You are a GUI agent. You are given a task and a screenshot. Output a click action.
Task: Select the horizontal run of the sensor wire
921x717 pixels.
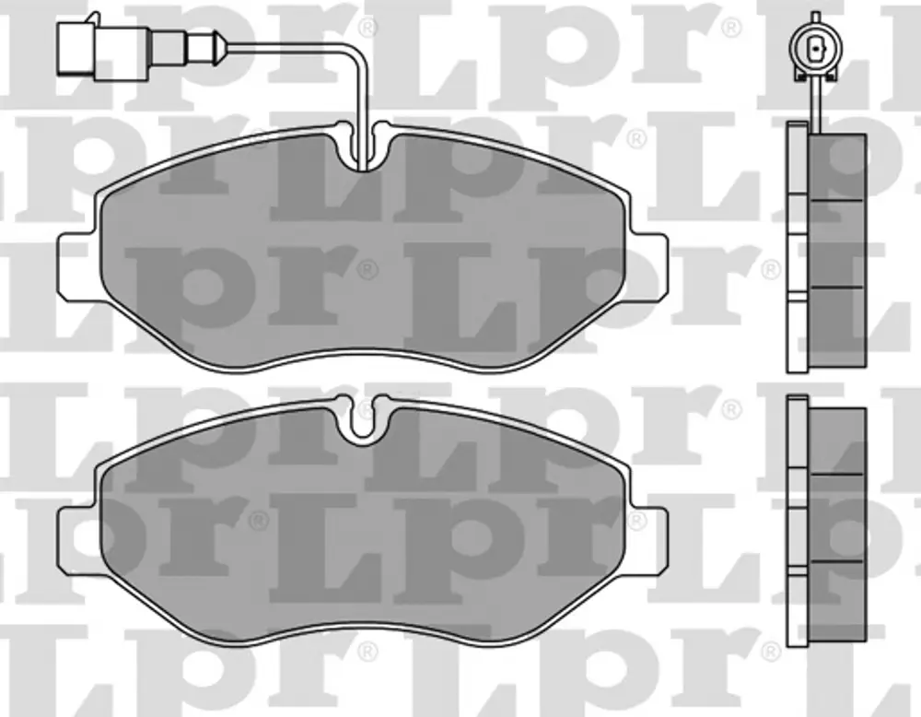tap(286, 46)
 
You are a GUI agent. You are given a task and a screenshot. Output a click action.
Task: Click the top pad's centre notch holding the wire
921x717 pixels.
tap(362, 147)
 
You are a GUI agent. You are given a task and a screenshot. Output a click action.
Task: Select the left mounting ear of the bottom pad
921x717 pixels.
tap(77, 539)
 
